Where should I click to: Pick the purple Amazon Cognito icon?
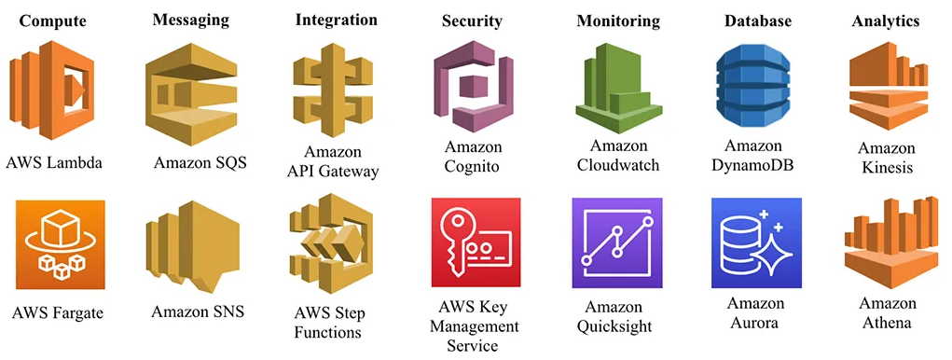474,90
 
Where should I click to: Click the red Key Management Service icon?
476,243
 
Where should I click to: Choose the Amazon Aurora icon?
756,243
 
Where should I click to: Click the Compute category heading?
53,21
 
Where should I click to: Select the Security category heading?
472,21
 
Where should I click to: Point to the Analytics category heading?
886,21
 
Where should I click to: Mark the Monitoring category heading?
617,21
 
